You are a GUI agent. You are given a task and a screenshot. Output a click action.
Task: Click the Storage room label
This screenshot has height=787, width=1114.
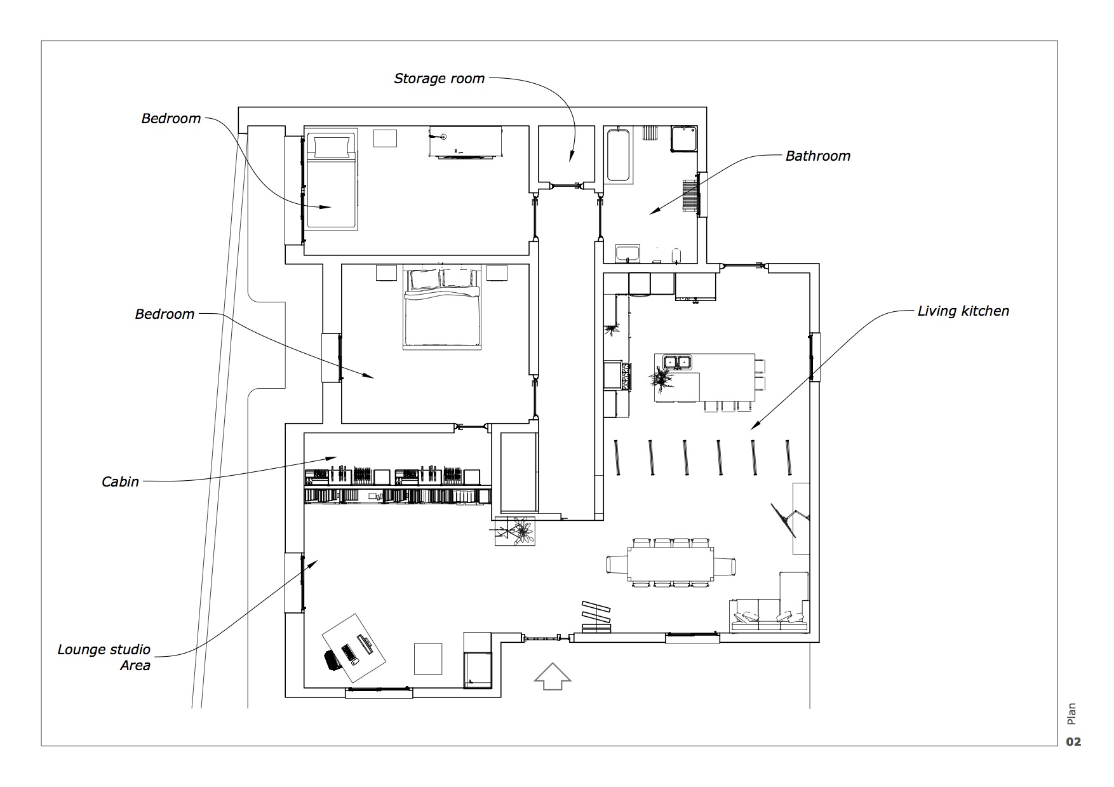(439, 79)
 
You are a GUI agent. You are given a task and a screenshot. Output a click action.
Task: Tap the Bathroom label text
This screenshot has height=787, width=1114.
(817, 156)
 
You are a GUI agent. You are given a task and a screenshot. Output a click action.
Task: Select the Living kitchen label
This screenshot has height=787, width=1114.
(963, 311)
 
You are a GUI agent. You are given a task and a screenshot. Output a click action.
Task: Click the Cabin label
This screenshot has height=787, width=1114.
(120, 482)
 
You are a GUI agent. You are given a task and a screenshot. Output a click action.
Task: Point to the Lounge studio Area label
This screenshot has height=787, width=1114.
(104, 657)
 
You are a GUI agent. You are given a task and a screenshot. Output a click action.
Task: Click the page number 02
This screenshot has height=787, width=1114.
(1073, 742)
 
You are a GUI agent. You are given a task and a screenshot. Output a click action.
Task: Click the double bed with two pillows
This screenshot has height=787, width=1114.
(441, 308)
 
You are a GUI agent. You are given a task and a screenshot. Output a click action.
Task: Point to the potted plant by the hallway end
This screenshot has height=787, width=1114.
(521, 530)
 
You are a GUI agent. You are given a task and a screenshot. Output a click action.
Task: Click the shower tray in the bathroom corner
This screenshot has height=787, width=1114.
(685, 139)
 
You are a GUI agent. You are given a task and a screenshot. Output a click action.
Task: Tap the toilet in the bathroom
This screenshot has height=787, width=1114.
(677, 255)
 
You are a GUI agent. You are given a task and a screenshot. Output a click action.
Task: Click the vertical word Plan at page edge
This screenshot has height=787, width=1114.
(1072, 713)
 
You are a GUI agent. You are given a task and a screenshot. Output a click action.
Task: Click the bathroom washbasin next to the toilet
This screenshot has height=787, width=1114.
(627, 253)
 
